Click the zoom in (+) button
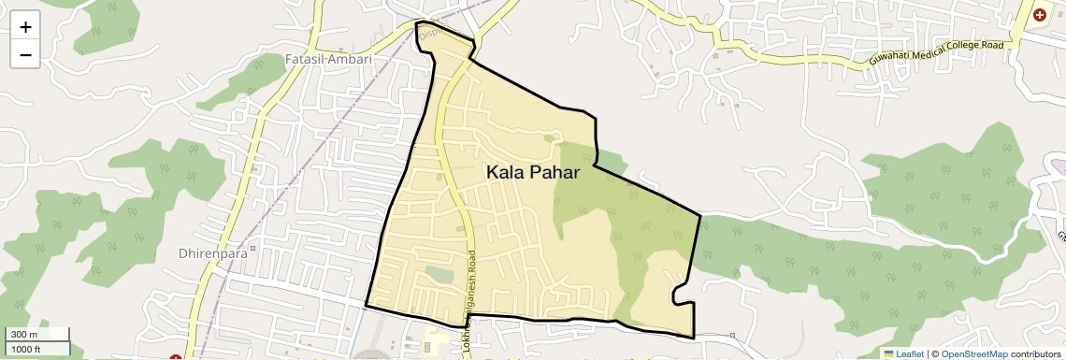click(25, 27)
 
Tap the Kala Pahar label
click(533, 173)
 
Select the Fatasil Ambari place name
click(327, 59)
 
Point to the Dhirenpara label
click(211, 252)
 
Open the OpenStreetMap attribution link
click(973, 353)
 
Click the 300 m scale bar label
click(24, 335)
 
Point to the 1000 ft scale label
click(27, 349)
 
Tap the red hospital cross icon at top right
click(1040, 16)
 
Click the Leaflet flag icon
click(888, 353)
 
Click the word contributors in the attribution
click(1035, 353)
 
